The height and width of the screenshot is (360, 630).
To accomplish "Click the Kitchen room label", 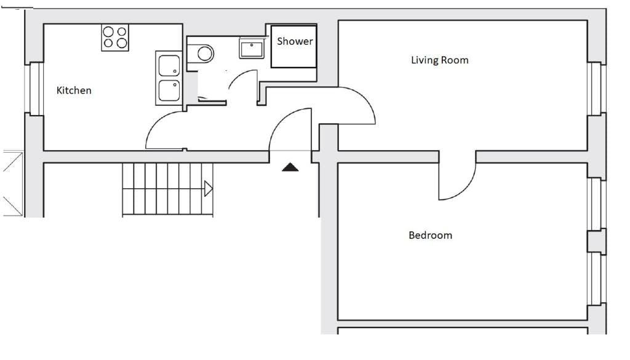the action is click(x=74, y=90).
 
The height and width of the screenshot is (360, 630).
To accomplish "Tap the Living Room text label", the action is click(x=439, y=60).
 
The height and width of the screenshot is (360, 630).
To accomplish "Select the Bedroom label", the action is click(x=430, y=235).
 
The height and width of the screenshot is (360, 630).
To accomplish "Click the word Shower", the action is click(x=295, y=41).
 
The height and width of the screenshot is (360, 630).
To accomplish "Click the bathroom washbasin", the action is click(x=252, y=49).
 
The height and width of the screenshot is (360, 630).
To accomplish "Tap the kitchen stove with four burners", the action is click(x=115, y=38).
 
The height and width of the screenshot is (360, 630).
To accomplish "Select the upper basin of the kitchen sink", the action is click(x=169, y=65).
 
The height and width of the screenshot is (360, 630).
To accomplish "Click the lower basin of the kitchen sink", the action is click(x=169, y=90).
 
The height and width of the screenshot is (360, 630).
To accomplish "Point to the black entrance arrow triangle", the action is click(x=290, y=167).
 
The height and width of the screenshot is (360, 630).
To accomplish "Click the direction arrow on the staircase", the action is click(x=208, y=188).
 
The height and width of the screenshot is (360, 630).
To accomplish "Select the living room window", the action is click(x=597, y=88).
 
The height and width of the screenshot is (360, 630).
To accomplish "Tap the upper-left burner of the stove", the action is click(x=108, y=31).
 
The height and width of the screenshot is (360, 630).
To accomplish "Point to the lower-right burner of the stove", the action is click(x=122, y=43).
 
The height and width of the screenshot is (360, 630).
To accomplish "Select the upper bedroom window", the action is click(x=597, y=204).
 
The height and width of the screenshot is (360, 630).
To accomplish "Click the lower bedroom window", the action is click(x=597, y=279).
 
